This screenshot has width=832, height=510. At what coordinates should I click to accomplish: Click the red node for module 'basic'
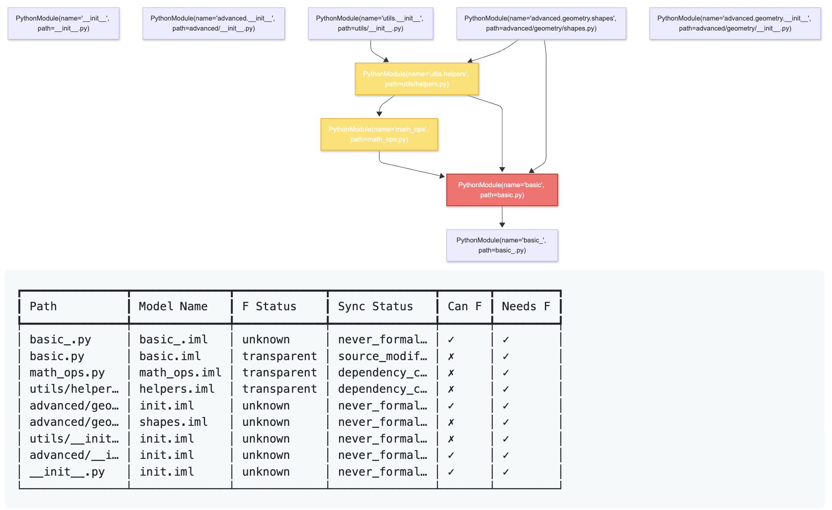(502, 190)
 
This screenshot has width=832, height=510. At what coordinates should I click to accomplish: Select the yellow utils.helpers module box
(416, 79)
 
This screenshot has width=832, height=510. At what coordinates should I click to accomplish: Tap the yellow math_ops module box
(379, 134)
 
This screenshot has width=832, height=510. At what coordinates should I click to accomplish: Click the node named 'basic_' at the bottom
(502, 245)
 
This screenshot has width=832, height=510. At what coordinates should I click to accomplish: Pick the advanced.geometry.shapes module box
(541, 23)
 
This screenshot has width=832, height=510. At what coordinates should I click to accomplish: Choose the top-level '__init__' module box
(63, 23)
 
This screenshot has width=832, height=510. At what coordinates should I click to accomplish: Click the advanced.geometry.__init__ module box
(734, 23)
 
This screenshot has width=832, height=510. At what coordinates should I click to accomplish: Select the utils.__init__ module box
(370, 23)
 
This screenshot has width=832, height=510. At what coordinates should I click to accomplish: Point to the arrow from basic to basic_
(502, 217)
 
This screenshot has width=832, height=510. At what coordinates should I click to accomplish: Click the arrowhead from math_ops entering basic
(442, 176)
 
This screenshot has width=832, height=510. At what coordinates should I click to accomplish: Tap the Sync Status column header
(375, 307)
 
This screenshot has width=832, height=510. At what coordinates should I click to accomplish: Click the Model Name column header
(173, 307)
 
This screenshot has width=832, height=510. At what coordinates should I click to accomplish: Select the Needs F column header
(526, 307)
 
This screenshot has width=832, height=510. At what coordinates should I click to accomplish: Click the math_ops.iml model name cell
(180, 373)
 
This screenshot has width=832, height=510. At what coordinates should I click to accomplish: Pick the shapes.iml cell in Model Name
(173, 422)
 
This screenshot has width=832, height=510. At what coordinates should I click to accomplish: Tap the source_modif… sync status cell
(382, 356)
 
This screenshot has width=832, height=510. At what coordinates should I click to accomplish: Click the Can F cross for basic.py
(451, 356)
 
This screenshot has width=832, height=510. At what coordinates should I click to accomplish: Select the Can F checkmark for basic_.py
(451, 340)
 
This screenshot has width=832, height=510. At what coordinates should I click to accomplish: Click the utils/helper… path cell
(74, 389)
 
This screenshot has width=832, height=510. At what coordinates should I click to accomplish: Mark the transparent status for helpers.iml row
(279, 389)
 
